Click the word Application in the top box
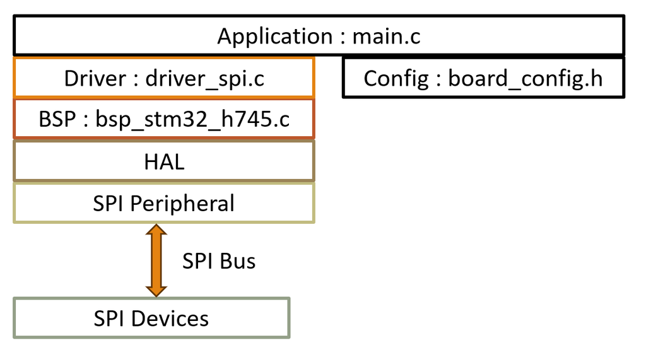tap(274, 37)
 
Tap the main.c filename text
tap(386, 37)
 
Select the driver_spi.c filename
tap(204, 79)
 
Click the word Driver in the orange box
tap(95, 79)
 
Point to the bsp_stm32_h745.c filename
tap(193, 119)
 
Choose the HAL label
tap(164, 161)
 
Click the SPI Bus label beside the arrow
tap(219, 261)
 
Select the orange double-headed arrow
tap(156, 261)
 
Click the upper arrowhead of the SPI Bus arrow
tap(156, 233)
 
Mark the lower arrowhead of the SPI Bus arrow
tap(156, 289)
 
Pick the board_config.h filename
tap(525, 79)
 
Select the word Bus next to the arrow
tap(238, 261)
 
